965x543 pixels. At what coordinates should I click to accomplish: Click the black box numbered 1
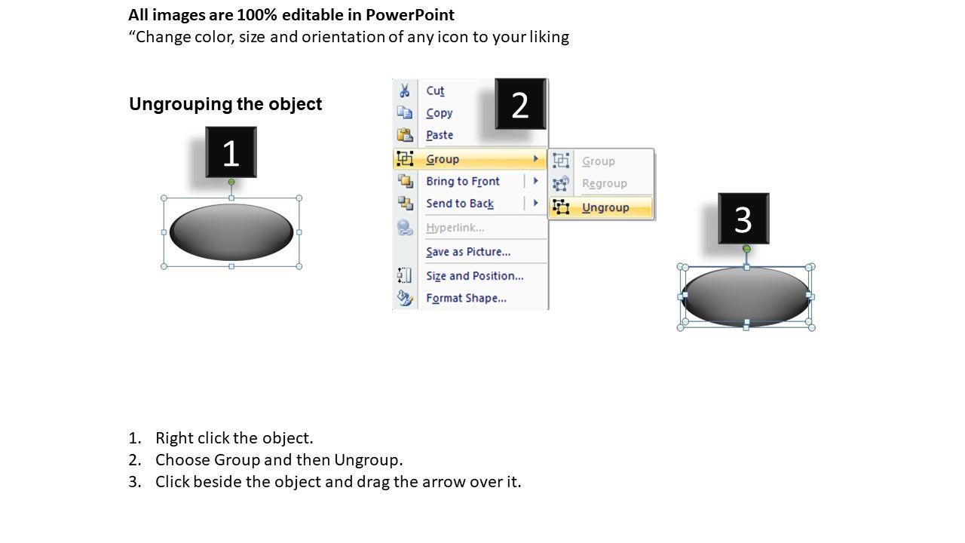coord(231,152)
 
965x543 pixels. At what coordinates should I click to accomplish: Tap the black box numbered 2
coord(520,104)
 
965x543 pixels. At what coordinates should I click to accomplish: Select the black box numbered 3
coord(743,219)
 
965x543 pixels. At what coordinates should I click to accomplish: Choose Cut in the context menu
coord(435,90)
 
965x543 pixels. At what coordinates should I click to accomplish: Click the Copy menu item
coord(440,113)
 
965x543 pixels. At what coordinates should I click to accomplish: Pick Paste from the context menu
coord(440,135)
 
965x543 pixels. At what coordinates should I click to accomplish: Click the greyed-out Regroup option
coord(605,183)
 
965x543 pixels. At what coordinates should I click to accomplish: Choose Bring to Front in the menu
coord(463,181)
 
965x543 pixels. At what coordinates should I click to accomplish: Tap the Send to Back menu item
coord(460,204)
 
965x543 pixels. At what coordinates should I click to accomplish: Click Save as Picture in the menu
coord(468,252)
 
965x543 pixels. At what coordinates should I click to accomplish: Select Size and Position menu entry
coord(475,276)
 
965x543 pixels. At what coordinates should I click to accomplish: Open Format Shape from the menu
coord(466,298)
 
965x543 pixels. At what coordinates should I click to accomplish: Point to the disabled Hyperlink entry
coord(455,228)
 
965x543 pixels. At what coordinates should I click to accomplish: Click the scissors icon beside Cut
coord(405,90)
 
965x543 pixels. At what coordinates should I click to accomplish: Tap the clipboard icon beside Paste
coord(405,135)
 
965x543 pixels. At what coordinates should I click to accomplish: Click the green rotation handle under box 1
coord(231,183)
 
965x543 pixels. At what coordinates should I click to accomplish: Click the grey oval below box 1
coord(231,232)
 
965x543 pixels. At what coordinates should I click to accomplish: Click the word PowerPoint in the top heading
coord(409,14)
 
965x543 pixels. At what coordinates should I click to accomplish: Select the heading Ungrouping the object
coord(225,104)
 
